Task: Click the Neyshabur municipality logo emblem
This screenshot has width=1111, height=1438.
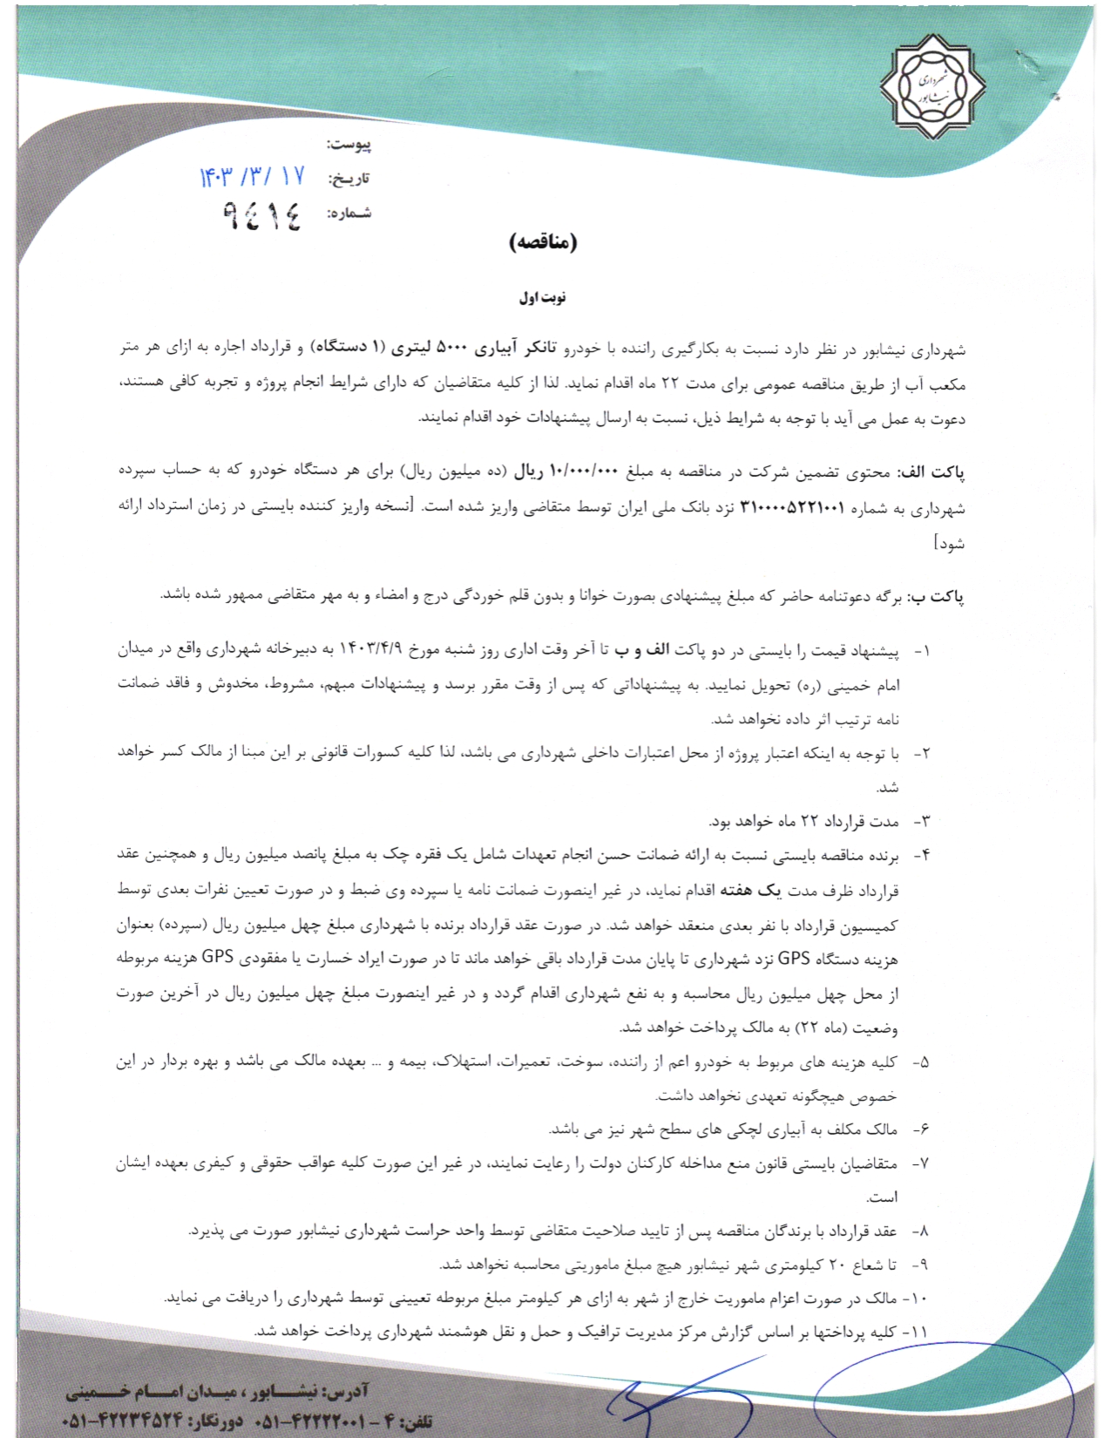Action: click(x=933, y=85)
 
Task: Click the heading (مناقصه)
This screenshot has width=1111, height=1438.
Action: click(x=544, y=243)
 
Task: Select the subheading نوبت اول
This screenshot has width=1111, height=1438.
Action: click(x=543, y=298)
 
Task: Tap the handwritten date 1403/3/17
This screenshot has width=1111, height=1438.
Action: click(x=253, y=177)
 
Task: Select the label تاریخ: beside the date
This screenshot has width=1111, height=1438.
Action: click(x=349, y=179)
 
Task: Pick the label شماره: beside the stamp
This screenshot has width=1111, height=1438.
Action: click(x=349, y=214)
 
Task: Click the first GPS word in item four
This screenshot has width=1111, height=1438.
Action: click(x=794, y=959)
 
